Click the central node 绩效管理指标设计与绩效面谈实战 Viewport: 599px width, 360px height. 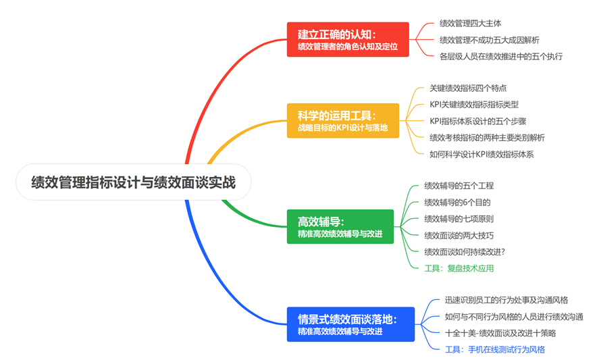click(x=133, y=182)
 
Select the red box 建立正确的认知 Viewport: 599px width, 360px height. click(x=348, y=39)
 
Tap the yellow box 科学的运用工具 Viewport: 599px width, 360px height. click(x=342, y=121)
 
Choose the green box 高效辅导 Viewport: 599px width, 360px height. click(x=340, y=227)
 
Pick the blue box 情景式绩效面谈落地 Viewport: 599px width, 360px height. click(x=350, y=324)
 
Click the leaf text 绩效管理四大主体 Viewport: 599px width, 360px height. click(x=470, y=23)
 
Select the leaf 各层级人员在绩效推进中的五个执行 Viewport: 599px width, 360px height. click(x=500, y=56)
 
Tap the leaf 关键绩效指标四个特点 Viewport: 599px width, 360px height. click(x=468, y=88)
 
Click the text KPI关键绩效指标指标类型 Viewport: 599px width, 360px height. click(x=474, y=105)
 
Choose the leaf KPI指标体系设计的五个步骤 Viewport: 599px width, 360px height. click(x=478, y=122)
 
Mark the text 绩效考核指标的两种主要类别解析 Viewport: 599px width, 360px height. click(x=487, y=138)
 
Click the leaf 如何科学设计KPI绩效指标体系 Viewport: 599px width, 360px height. click(x=481, y=154)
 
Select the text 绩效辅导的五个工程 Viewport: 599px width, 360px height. click(x=459, y=186)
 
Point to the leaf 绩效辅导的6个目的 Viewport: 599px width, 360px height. click(x=457, y=202)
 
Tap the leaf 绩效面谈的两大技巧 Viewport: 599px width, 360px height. click(x=459, y=235)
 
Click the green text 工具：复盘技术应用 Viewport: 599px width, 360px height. click(x=459, y=268)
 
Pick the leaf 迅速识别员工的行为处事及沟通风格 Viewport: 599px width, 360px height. click(x=506, y=300)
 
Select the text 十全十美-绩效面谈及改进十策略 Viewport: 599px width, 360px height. click(x=500, y=333)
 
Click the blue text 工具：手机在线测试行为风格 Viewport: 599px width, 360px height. click(x=494, y=349)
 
